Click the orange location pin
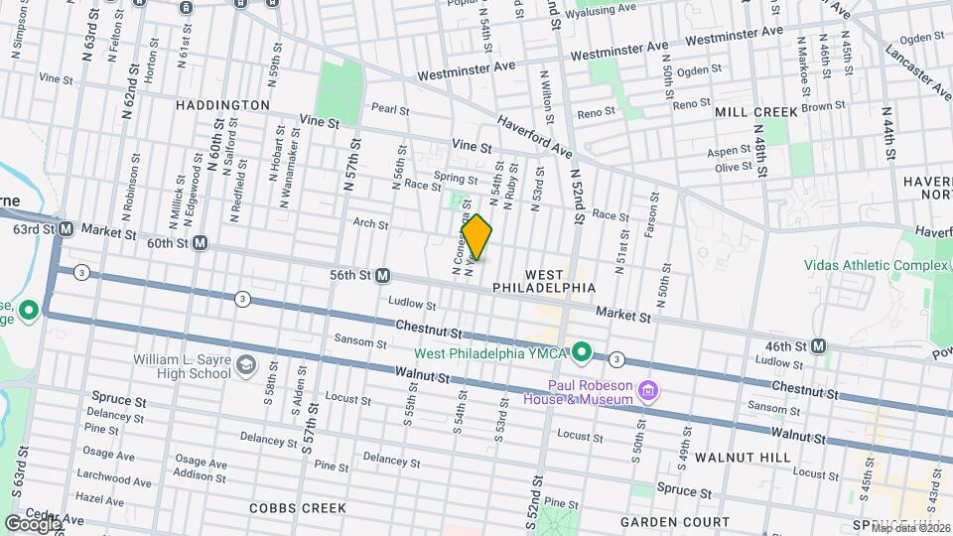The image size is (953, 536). [x=476, y=237]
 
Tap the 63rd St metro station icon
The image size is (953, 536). [x=67, y=229]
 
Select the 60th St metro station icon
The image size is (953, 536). [x=201, y=242]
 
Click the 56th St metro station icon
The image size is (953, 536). [x=382, y=275]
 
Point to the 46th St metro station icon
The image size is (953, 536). [x=819, y=345]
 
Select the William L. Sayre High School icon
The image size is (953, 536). [x=245, y=368]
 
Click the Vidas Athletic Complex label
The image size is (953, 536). [x=874, y=265]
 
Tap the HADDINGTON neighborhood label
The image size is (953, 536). [x=222, y=104]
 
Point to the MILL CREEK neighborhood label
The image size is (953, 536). [x=756, y=112]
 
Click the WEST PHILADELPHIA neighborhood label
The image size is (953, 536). [x=545, y=280]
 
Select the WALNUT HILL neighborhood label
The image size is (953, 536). [x=743, y=458]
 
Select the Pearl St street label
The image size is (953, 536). [x=390, y=109]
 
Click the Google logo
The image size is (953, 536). [x=33, y=522]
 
